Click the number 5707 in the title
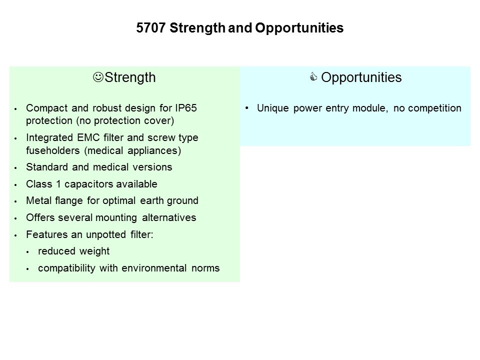pyautogui.click(x=151, y=28)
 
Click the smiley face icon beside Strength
pyautogui.click(x=98, y=77)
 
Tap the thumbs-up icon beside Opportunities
pyautogui.click(x=313, y=76)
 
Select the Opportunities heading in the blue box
pyautogui.click(x=361, y=77)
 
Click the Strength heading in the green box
pyautogui.click(x=130, y=77)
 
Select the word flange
pyautogui.click(x=69, y=201)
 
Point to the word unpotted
pyautogui.click(x=106, y=235)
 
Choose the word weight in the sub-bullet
pyautogui.click(x=94, y=251)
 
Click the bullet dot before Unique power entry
pyautogui.click(x=246, y=108)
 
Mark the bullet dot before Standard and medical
pyautogui.click(x=15, y=168)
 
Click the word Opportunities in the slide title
pyautogui.click(x=299, y=28)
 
